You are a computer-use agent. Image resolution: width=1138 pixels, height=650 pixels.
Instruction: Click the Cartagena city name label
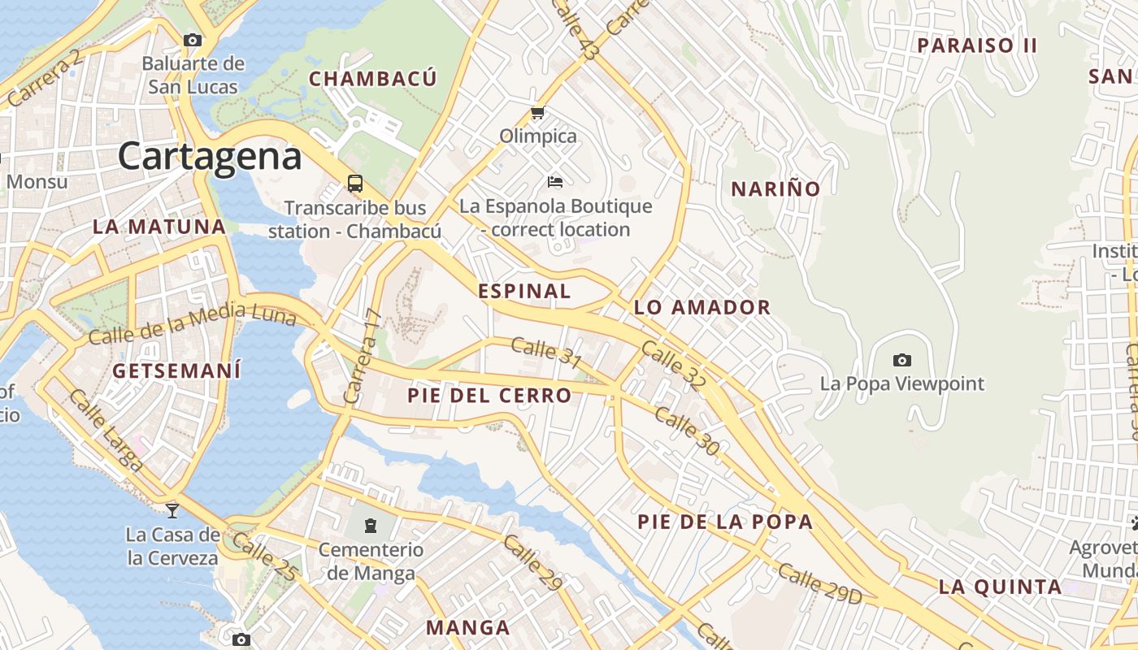(210, 157)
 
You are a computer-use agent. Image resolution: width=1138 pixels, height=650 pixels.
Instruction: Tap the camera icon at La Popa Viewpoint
(901, 360)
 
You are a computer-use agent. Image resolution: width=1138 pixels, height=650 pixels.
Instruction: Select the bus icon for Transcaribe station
(355, 184)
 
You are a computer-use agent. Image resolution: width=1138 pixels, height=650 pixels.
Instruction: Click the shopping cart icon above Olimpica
(537, 113)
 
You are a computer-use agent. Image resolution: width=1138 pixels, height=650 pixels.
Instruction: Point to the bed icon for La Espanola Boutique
(555, 181)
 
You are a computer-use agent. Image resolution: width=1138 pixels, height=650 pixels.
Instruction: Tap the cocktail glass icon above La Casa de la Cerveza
(172, 510)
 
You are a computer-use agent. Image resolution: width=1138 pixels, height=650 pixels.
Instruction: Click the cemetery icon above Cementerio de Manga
(371, 526)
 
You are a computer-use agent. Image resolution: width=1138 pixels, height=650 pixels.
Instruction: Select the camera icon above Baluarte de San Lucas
(193, 40)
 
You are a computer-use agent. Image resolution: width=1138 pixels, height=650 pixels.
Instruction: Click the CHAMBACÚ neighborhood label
(373, 79)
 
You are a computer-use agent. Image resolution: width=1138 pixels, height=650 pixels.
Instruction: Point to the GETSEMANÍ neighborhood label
(176, 371)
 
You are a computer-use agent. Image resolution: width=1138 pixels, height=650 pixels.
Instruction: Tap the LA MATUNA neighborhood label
(159, 227)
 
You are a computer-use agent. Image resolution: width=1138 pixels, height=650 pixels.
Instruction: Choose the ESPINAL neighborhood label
(524, 291)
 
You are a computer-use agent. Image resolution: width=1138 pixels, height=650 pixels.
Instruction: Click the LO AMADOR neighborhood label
(701, 307)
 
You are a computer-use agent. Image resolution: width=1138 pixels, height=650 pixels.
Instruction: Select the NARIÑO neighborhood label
(775, 189)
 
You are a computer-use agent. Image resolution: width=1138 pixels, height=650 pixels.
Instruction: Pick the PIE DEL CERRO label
(489, 396)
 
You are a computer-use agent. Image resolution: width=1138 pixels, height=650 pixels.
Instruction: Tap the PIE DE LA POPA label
(725, 522)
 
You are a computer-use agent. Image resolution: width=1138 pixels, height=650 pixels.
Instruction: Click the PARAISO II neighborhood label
(977, 45)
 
